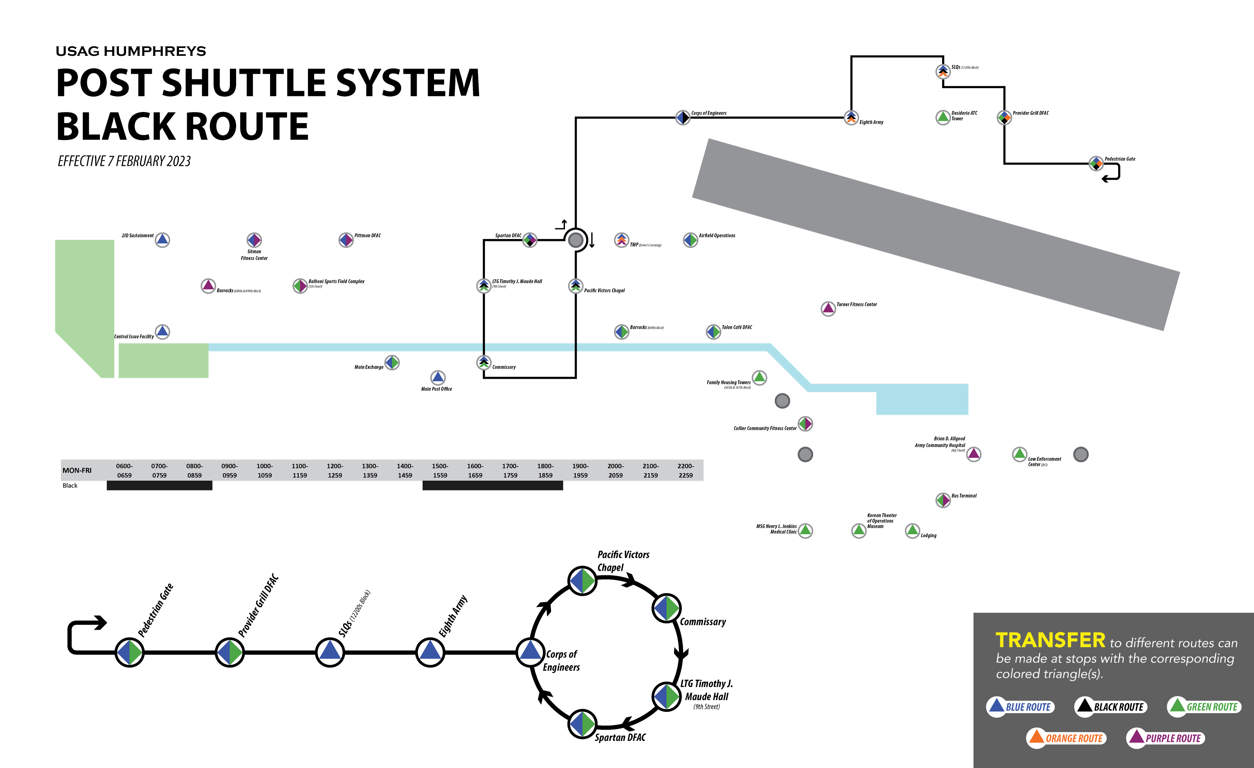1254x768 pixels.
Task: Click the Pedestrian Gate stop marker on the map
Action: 1096,163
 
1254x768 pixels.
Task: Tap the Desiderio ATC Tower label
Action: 964,116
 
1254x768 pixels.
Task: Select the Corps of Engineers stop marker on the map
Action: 683,118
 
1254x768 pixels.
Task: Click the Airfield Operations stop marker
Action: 690,240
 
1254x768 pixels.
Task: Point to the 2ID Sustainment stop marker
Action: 162,240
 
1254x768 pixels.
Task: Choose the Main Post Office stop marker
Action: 438,377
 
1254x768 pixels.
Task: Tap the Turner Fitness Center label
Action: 857,305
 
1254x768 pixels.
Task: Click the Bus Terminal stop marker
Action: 942,500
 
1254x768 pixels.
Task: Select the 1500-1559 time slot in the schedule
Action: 440,470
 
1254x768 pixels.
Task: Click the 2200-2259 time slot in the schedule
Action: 685,470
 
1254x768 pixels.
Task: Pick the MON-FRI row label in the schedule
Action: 77,470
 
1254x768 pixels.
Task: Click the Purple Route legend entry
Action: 1166,738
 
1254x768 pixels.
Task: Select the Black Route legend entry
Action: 1111,706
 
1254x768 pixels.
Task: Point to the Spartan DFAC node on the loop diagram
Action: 582,724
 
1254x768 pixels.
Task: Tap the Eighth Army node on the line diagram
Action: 430,652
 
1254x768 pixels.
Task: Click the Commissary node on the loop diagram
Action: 666,608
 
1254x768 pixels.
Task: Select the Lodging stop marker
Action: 912,530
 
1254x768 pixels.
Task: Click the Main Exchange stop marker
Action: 391,363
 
